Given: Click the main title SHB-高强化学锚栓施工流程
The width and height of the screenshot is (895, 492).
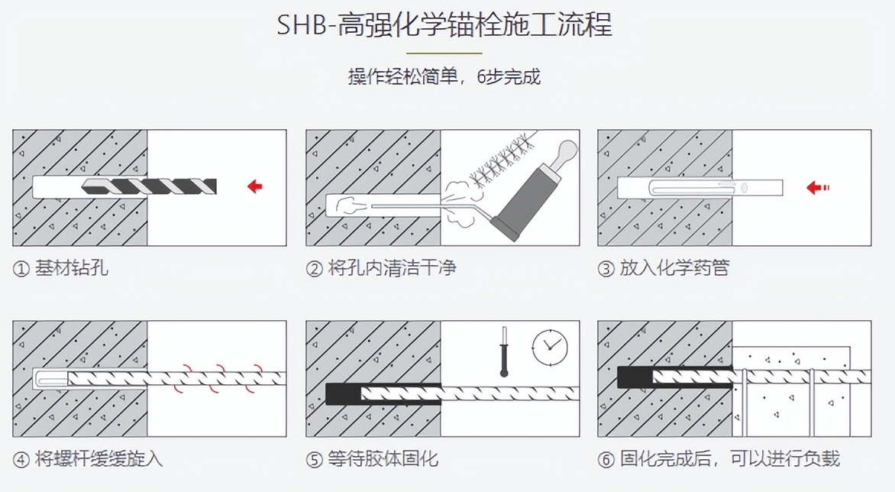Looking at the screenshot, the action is (x=444, y=25).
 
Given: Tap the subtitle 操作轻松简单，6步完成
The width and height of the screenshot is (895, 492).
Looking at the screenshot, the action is (x=444, y=76).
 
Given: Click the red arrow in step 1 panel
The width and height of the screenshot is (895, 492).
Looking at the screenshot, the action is (x=254, y=186).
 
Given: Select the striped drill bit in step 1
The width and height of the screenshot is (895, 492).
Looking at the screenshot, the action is (x=150, y=186).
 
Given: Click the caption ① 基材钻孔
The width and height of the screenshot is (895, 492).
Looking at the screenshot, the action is (x=60, y=267).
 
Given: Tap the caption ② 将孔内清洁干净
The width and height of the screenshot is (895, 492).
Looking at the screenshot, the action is (x=381, y=267).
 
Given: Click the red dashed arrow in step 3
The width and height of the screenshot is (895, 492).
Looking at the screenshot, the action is (x=817, y=187).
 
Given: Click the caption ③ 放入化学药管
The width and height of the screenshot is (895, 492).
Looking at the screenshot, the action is (x=664, y=267).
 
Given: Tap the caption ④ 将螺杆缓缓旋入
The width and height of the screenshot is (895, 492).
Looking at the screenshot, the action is (x=88, y=459).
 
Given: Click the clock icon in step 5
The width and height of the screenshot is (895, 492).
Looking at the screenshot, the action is (x=550, y=347).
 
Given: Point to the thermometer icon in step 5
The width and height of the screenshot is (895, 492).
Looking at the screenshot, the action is (x=504, y=351).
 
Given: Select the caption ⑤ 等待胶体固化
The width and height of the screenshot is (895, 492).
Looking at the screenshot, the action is (x=372, y=459).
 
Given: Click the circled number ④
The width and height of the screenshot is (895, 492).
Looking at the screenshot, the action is (x=21, y=459).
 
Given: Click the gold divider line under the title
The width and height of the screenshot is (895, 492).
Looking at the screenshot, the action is (x=444, y=53).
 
